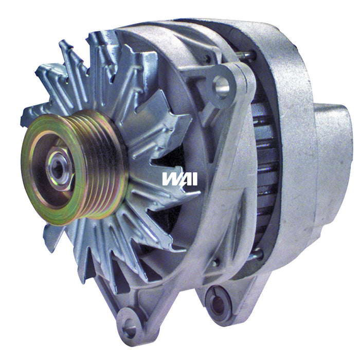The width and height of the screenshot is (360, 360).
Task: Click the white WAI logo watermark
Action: (179, 178)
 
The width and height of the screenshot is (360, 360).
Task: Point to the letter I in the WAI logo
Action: (194, 178)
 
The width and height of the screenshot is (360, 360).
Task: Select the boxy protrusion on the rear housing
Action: (332, 139)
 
